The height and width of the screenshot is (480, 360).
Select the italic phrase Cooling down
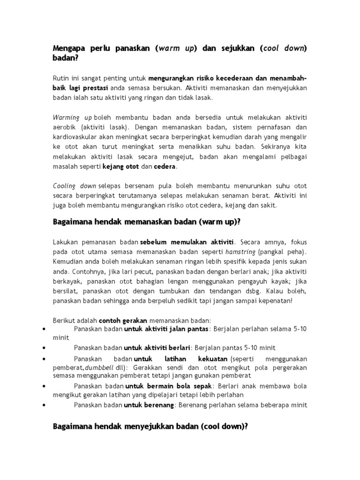click(75, 186)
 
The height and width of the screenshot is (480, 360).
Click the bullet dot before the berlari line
click(44, 348)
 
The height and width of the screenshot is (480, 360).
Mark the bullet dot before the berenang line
click(44, 405)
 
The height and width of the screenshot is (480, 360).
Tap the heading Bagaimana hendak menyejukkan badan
click(150, 427)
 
